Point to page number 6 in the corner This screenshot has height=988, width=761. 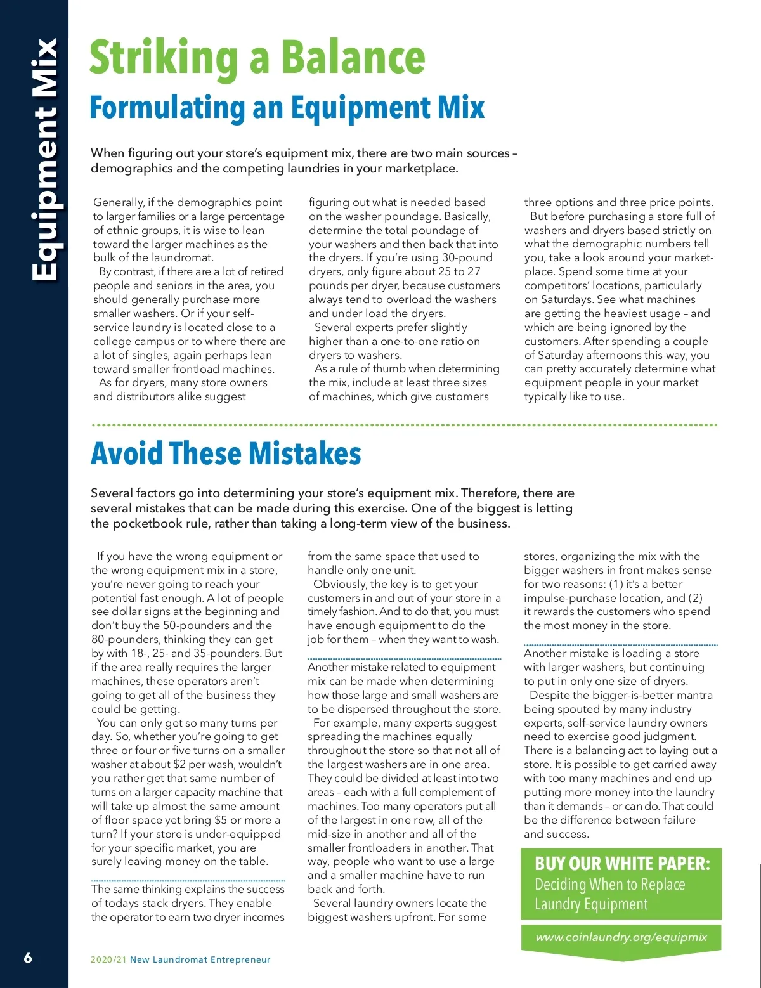point(27,958)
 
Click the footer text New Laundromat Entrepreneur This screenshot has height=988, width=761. point(200,959)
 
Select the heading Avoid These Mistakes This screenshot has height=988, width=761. point(226,453)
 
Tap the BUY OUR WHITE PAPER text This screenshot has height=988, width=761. point(622,864)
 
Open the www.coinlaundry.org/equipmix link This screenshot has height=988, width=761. point(621,937)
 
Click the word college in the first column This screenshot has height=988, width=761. point(112,341)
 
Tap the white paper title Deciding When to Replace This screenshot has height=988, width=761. point(609,885)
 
